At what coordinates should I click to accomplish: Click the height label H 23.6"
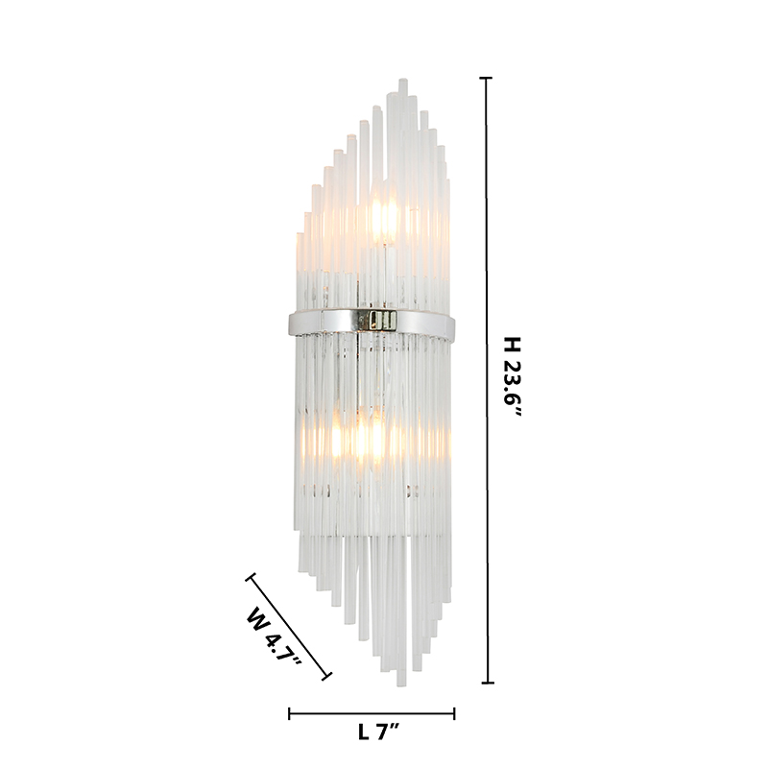tap(513, 377)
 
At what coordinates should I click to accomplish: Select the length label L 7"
tap(378, 732)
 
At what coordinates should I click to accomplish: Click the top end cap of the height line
tap(486, 78)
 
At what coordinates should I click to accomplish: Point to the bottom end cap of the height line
tap(487, 683)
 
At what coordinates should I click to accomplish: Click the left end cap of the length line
tap(290, 713)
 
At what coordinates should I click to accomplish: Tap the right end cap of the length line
tap(454, 713)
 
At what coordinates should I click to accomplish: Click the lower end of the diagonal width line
tap(326, 677)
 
